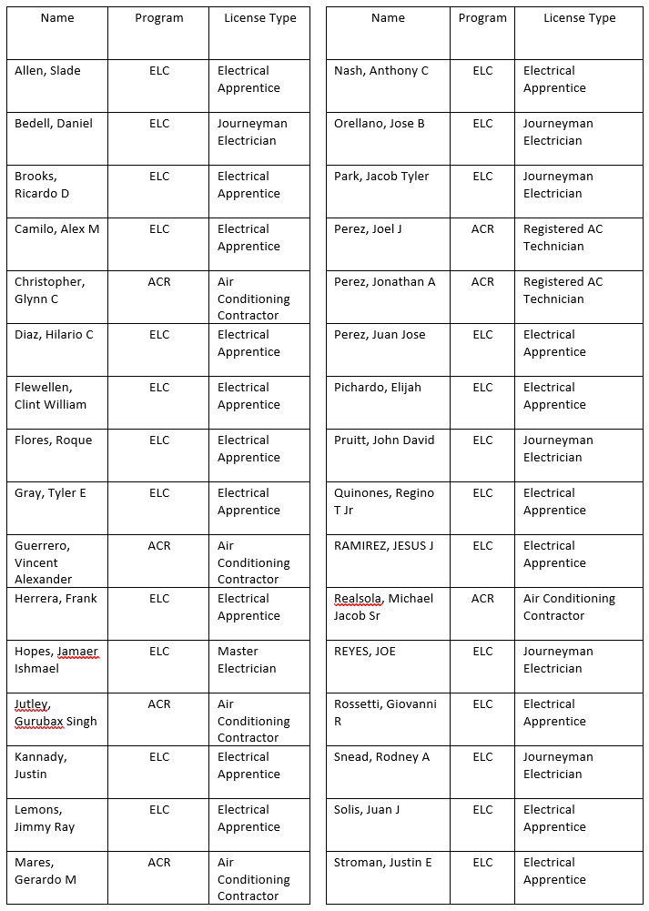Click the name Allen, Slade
pos(47,71)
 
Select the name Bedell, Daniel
pos(54,124)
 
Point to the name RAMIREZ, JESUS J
pos(383,546)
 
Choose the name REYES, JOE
pos(365,652)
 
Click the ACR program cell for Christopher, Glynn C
pos(159,282)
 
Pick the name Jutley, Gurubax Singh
pos(56,713)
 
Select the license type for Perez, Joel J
pos(563,238)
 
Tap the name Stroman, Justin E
pos(383,863)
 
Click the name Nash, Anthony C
pos(381,71)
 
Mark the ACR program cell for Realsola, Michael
pos(482,599)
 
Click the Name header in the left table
pos(57,18)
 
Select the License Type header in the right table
pos(579,18)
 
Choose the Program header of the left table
pos(159,18)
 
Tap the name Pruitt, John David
pos(384,440)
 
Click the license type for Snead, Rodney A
pos(557,765)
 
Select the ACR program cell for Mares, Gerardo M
pos(159,863)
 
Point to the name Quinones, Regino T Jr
pos(384,501)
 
